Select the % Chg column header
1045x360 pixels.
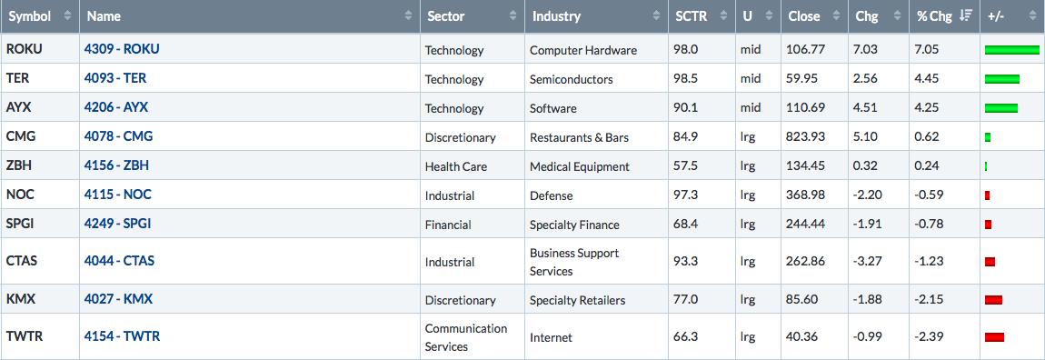[x=935, y=16]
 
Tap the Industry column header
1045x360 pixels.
[x=556, y=16]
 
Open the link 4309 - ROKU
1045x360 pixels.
[x=122, y=49]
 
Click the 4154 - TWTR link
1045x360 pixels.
[x=122, y=336]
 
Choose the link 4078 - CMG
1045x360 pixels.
[x=119, y=136]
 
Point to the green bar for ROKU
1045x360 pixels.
[x=1011, y=50]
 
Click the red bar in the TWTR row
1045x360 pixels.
[x=994, y=337]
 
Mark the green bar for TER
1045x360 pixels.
[x=1001, y=79]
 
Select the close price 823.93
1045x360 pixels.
[x=806, y=136]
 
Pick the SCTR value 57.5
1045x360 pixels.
[x=686, y=166]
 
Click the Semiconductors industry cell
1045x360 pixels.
[x=572, y=79]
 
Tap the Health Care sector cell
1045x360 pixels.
[x=456, y=166]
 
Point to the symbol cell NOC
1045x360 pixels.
[x=21, y=195]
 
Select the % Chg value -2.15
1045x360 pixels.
[x=929, y=300]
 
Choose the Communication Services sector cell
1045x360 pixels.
[x=466, y=337]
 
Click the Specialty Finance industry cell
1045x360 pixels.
[x=574, y=225]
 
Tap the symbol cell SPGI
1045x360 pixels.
[x=20, y=224]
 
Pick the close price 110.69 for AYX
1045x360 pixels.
[x=806, y=108]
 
